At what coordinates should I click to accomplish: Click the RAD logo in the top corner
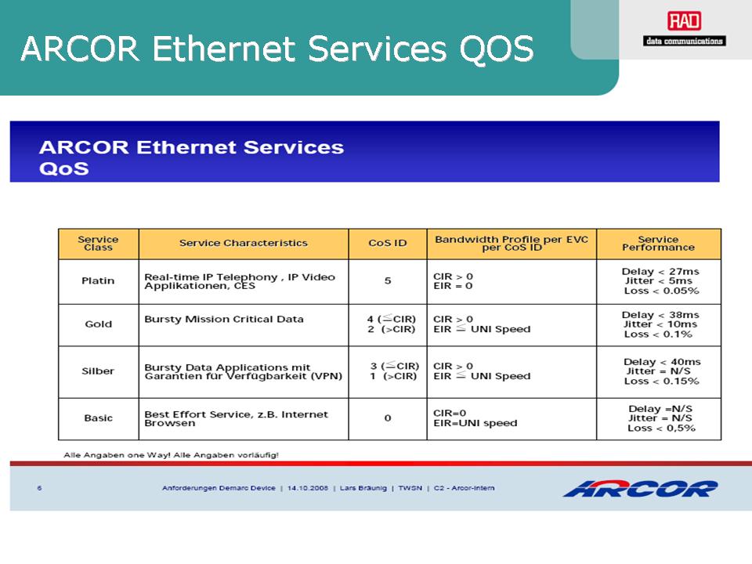point(685,28)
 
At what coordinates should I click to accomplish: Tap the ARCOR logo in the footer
point(641,488)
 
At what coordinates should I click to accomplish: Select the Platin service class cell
point(98,280)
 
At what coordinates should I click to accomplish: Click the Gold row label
point(99,324)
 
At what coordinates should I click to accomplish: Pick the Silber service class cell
point(98,371)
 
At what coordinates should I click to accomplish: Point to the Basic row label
point(99,418)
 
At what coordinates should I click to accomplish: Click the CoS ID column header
point(388,243)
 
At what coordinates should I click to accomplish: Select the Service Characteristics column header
point(243,243)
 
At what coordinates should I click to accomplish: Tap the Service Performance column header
point(659,243)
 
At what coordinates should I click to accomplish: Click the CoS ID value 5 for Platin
point(388,280)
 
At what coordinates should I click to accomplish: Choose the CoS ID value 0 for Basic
point(388,418)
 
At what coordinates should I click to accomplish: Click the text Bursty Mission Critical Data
point(224,320)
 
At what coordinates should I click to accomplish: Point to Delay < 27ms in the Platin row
point(660,272)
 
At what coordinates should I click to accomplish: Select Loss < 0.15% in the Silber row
point(661,381)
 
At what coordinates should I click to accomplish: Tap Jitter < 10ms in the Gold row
point(660,324)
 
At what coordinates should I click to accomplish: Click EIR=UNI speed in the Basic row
point(475,423)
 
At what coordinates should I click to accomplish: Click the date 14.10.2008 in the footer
point(307,488)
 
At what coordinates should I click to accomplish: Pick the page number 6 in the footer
point(39,488)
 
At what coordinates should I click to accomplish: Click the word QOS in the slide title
point(497,49)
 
